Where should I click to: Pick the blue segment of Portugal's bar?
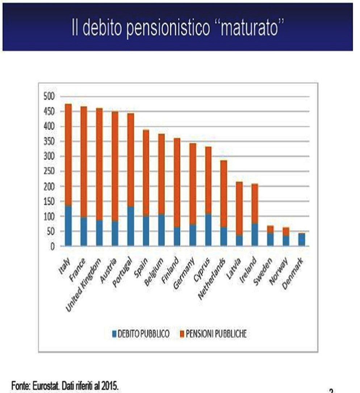point(130,227)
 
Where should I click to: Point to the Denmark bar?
point(301,240)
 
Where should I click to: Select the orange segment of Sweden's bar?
point(270,229)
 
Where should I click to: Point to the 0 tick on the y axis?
point(52,246)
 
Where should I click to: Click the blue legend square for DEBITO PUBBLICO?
point(114,333)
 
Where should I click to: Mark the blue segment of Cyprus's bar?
point(208,230)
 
